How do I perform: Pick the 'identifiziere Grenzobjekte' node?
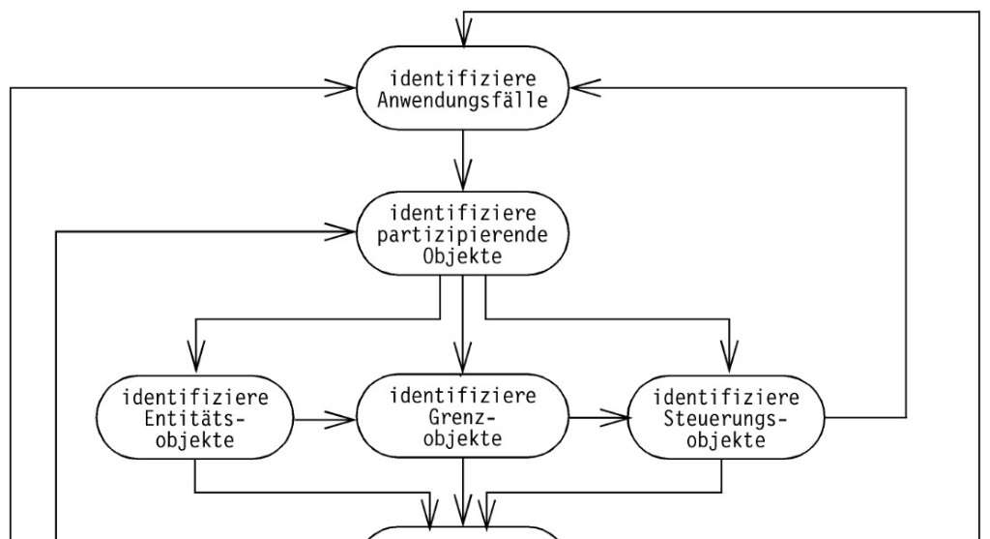click(x=464, y=418)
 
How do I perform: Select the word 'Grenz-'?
click(x=464, y=418)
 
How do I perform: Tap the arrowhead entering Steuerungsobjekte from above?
click(x=726, y=362)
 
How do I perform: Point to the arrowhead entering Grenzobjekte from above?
click(x=464, y=362)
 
